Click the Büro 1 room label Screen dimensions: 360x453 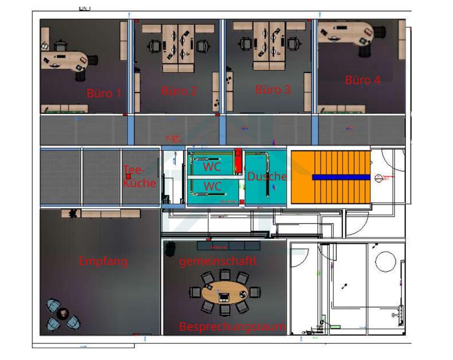(104, 93)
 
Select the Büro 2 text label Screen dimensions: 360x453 (179, 91)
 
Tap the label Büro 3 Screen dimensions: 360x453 (273, 90)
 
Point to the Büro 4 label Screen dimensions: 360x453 (363, 80)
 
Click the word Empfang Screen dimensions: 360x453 (103, 261)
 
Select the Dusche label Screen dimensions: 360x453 (267, 176)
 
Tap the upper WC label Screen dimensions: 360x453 (212, 166)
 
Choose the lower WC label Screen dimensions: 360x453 (213, 187)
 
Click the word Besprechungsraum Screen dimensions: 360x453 (232, 326)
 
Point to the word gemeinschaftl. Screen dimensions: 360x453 (219, 262)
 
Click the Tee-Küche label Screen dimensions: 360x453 (140, 177)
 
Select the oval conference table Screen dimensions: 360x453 (225, 293)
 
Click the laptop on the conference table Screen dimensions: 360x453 (224, 295)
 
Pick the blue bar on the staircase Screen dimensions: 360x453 (341, 177)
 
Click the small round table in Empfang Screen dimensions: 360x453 (63, 313)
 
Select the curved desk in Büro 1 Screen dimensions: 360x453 (64, 60)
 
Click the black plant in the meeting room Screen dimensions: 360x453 (170, 248)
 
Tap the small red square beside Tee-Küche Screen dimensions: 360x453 (128, 176)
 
